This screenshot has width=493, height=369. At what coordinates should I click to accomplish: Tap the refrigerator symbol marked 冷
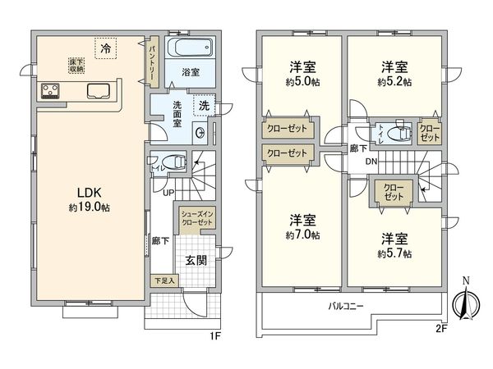[x=104, y=49]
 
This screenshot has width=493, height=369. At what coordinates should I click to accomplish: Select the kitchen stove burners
[x=49, y=91]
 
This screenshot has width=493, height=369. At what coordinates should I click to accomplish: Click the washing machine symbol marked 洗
[x=202, y=105]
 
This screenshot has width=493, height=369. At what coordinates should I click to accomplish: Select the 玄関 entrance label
[x=195, y=260]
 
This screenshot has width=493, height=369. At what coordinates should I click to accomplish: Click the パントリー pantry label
[x=152, y=60]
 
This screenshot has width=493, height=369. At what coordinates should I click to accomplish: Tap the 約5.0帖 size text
[x=302, y=82]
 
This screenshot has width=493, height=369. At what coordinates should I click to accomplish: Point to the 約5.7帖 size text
[x=394, y=254]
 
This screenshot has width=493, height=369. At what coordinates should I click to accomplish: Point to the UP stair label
[x=168, y=193]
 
